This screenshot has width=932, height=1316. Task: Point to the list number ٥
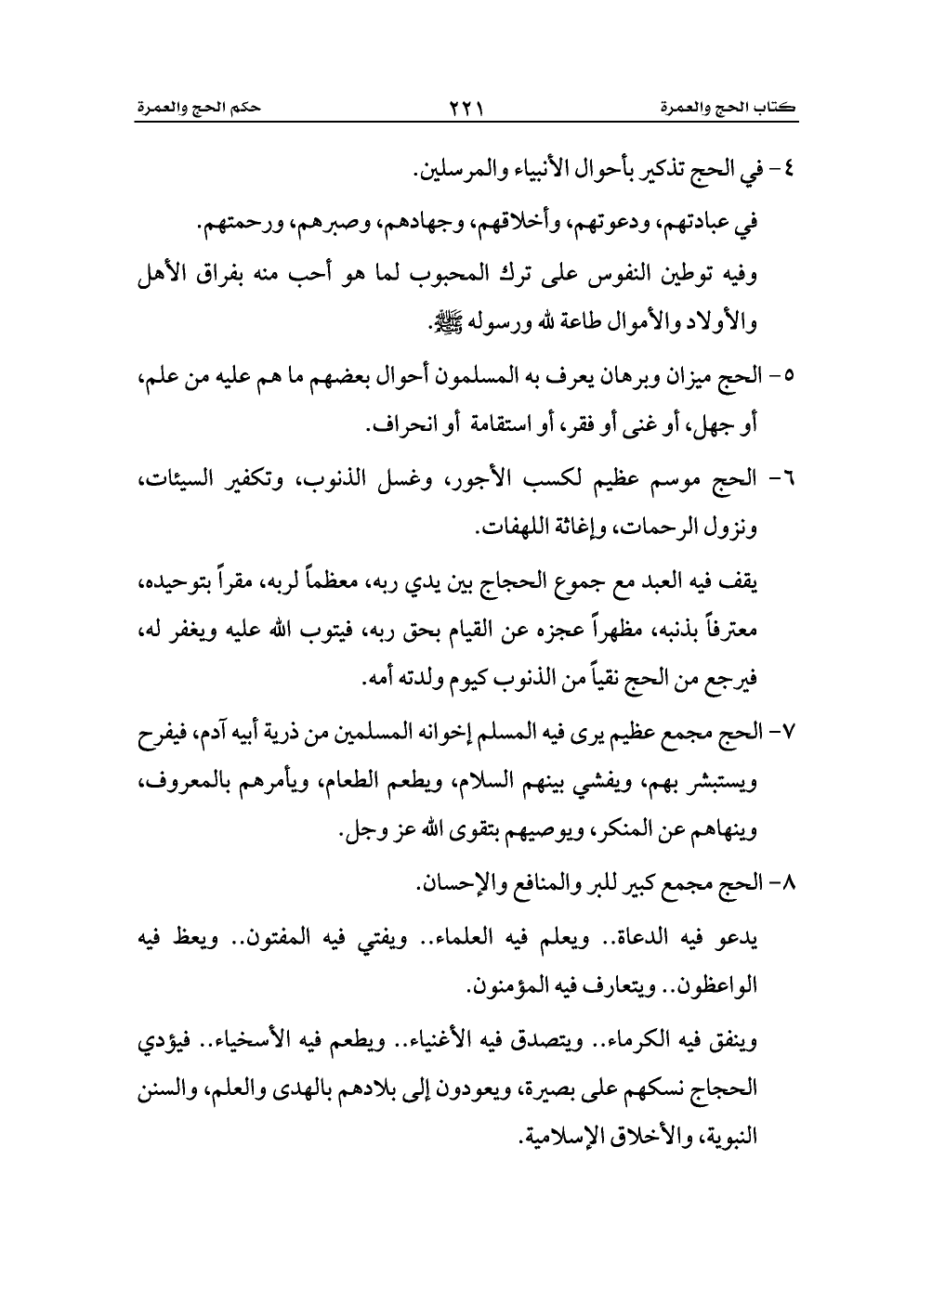tap(791, 376)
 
